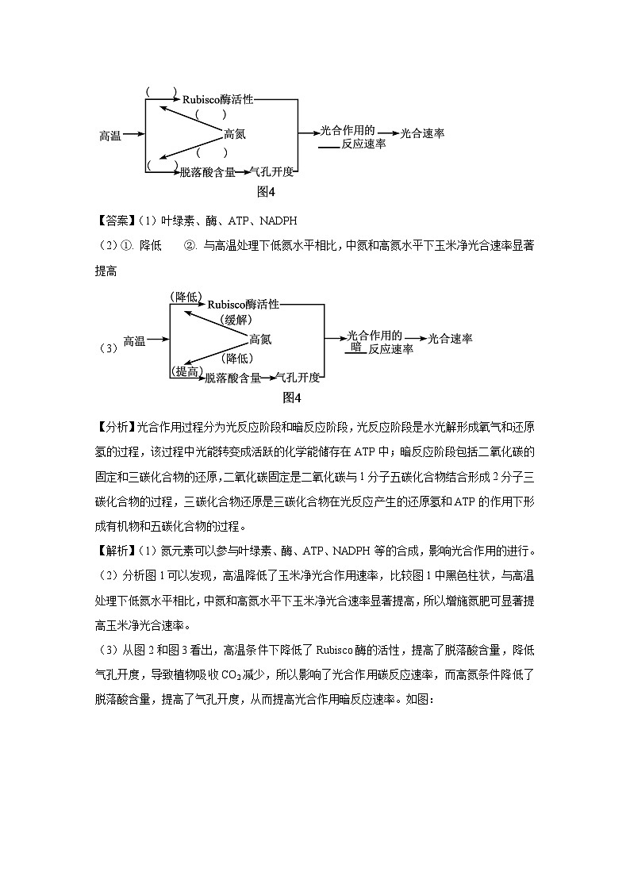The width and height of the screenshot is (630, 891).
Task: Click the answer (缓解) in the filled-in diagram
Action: point(235,320)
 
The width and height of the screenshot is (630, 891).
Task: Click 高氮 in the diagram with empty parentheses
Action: point(235,134)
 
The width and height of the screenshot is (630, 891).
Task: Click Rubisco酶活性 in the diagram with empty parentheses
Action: point(218,100)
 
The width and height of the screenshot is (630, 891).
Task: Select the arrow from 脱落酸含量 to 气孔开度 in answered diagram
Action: point(267,378)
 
